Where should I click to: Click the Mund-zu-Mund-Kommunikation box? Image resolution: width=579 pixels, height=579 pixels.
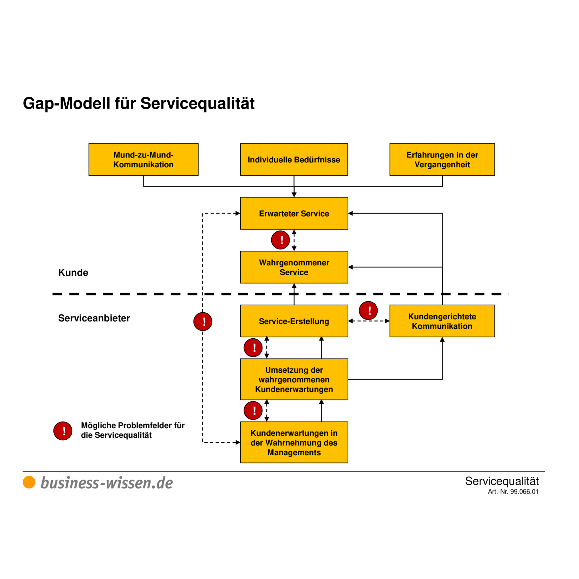click(x=143, y=159)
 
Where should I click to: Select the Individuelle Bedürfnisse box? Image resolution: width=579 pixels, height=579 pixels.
click(x=294, y=159)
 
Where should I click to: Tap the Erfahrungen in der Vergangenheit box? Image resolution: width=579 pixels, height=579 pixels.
click(x=442, y=159)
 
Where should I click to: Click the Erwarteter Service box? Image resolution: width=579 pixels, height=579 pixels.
click(x=294, y=213)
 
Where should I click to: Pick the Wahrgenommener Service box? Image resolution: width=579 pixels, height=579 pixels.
click(x=294, y=267)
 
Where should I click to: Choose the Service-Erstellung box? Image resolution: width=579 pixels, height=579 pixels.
click(x=294, y=321)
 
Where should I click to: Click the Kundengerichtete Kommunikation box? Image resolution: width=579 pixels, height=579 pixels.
click(x=442, y=321)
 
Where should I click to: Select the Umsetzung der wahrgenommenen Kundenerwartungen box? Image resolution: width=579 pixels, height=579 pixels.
click(x=294, y=379)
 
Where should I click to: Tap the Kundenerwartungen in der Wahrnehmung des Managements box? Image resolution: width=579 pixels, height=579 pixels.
click(x=294, y=442)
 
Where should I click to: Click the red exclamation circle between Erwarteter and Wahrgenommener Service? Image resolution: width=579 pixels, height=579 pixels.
click(x=280, y=240)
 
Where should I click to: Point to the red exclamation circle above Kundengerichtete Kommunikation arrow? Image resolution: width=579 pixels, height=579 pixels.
click(x=368, y=310)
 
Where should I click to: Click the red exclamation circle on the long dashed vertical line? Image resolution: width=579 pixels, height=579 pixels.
click(x=203, y=321)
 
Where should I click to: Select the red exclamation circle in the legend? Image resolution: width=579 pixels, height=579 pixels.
click(x=63, y=430)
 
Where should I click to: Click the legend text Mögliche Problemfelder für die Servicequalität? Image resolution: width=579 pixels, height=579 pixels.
click(x=132, y=430)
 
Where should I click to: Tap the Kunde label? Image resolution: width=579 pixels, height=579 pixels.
click(x=73, y=272)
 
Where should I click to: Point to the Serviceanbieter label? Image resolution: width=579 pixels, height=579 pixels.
click(x=94, y=318)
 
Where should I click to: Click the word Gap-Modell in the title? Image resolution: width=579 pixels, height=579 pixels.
click(x=66, y=103)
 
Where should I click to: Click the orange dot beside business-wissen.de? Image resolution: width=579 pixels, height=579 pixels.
click(x=29, y=482)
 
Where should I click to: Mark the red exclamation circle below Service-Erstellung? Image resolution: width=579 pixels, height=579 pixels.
click(x=253, y=347)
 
